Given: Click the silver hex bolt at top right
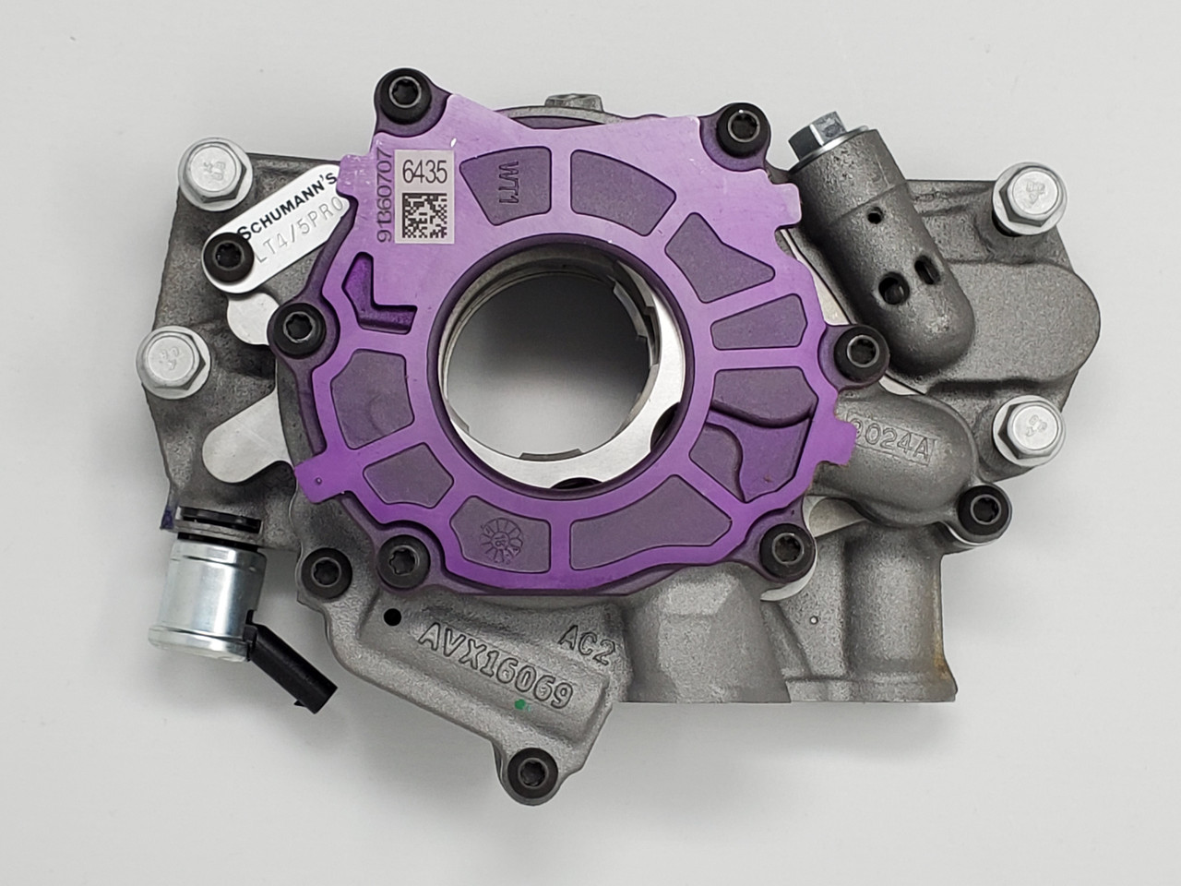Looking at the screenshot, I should pyautogui.click(x=1032, y=194).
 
